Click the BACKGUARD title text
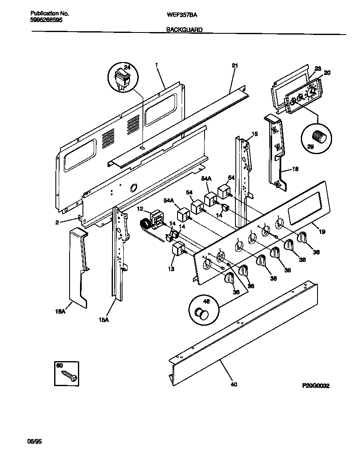(185, 30)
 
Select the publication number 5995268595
(47, 20)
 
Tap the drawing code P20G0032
(316, 386)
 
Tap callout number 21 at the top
(235, 65)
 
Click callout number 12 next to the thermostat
(140, 208)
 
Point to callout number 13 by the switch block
(172, 269)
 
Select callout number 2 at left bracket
(57, 222)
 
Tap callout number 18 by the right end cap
(295, 170)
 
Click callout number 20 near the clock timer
(327, 72)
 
